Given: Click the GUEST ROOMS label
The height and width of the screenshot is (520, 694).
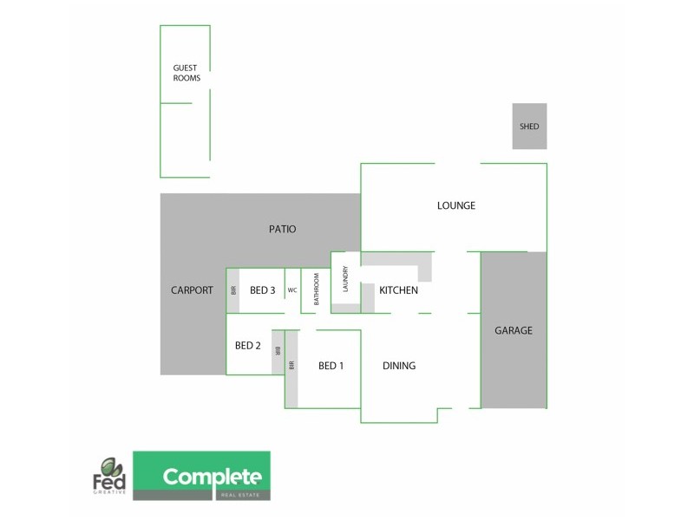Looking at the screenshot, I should coord(187,73).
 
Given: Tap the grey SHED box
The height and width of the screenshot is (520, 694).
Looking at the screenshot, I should coord(529,127).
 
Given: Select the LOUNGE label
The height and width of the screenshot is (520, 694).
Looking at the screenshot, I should coord(456,206).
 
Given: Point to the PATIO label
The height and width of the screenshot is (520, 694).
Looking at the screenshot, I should coord(282,230).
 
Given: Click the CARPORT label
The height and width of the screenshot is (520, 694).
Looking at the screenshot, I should coord(192,290).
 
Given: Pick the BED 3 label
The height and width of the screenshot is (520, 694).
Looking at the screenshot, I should coord(262,290).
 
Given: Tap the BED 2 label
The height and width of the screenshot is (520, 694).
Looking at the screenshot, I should coord(248,346).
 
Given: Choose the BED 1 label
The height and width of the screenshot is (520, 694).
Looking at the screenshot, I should coord(331,366).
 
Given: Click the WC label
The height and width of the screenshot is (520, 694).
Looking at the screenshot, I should coord(292,290).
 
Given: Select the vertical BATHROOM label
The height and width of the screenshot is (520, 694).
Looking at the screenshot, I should coord(317,289).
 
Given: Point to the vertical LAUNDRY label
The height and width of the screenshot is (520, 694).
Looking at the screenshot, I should coord(345,278).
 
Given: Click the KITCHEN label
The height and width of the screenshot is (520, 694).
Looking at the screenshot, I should coord(399,290).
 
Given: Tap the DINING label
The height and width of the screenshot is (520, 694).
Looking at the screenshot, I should coord(399,366).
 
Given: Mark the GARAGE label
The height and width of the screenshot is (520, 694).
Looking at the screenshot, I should coord(514,330).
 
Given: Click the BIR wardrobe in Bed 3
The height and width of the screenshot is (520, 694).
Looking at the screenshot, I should coord(233,290).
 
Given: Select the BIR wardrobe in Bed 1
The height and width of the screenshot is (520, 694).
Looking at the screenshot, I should coord(291,366).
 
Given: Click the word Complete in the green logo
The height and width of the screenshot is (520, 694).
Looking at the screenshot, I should coord(212,476).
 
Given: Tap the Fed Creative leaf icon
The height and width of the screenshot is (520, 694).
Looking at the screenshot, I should coord(109,465).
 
